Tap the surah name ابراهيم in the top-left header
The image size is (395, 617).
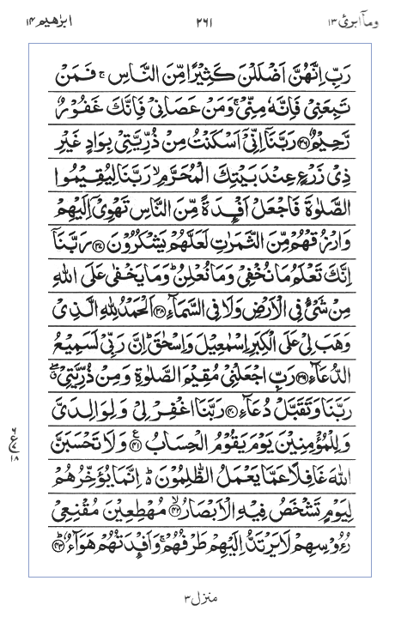38,18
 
